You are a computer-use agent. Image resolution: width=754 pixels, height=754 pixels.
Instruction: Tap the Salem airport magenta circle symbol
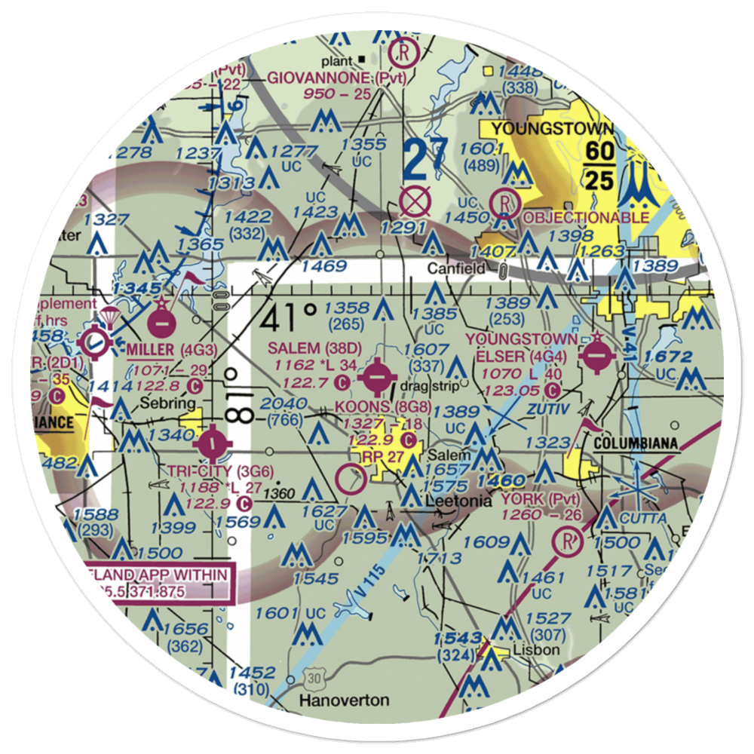(x=376, y=375)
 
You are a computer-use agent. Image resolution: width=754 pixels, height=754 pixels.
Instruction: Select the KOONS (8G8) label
(x=375, y=408)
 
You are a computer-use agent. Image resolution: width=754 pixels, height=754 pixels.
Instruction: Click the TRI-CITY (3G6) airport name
(x=210, y=471)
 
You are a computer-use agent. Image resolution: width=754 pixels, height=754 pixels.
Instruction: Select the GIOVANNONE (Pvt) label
(x=337, y=78)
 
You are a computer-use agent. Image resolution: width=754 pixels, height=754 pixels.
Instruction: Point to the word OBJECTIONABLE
(x=585, y=217)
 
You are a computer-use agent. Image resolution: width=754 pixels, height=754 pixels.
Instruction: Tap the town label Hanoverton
(x=345, y=700)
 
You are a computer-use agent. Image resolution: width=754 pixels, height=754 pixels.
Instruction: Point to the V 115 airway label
(x=379, y=569)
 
